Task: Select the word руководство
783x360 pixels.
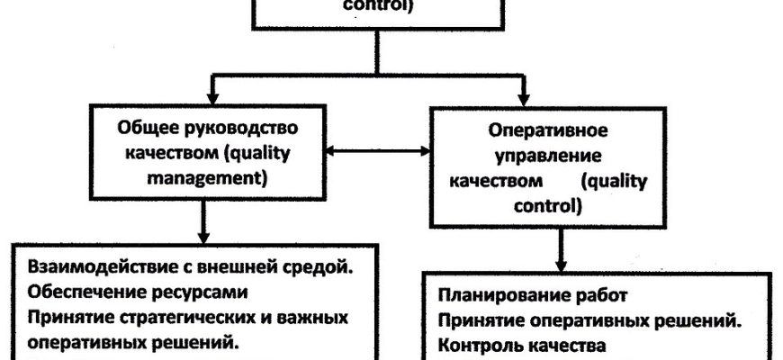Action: coord(238,129)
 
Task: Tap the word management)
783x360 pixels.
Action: coord(206,179)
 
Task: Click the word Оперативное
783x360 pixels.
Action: coord(548,130)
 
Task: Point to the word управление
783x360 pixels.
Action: coord(548,157)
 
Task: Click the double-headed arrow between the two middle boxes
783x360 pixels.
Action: coord(378,150)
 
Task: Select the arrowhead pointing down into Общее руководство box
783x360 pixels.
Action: coord(212,98)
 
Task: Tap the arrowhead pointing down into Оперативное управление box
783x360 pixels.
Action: coord(523,100)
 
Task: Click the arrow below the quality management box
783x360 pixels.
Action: coord(202,221)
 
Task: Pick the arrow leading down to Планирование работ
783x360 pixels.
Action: coord(561,250)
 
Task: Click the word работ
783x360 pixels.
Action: coord(602,295)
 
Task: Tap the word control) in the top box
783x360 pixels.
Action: coord(377,7)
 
